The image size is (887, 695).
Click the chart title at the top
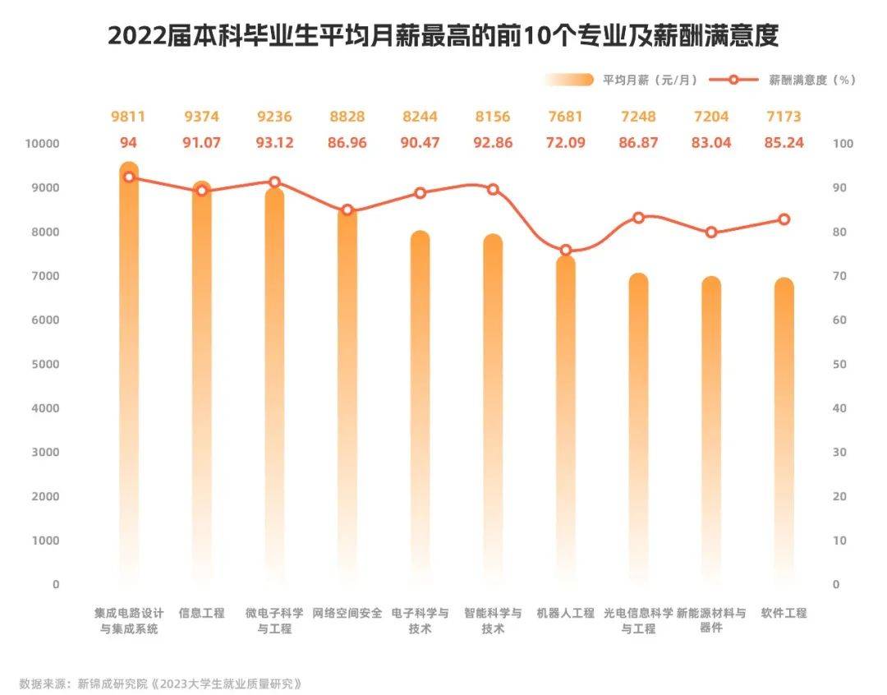[x=443, y=36]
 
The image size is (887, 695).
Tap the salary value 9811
[x=128, y=117]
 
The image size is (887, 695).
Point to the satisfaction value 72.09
[x=566, y=143]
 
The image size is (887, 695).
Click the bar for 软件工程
[x=784, y=427]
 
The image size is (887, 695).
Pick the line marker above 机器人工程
[x=566, y=251]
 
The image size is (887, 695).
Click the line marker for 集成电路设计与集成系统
[x=128, y=177]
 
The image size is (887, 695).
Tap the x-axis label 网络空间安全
[x=347, y=614]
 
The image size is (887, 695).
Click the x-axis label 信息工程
[x=201, y=614]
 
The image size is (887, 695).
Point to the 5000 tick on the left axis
[x=44, y=364]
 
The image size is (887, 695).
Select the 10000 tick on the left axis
[x=41, y=144]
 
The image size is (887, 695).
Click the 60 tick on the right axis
[x=843, y=320]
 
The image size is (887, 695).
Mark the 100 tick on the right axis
[x=845, y=144]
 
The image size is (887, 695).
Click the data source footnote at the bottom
[x=161, y=683]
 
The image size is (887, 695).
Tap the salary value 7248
[x=638, y=117]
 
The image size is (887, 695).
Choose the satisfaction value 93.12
[x=274, y=143]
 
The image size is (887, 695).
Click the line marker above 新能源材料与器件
[x=711, y=232]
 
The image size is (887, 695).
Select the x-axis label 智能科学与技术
[x=493, y=621]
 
